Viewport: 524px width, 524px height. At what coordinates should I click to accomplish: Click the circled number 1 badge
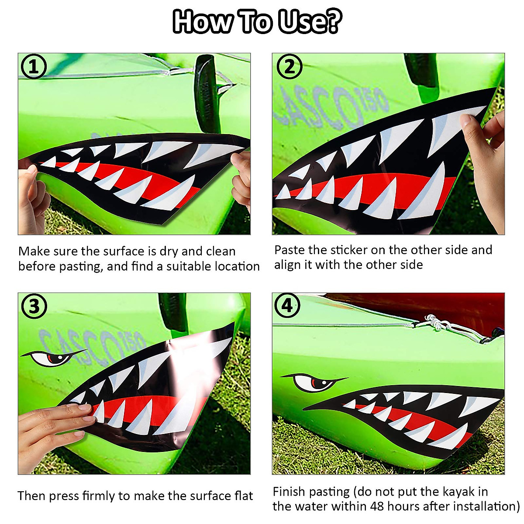pos(34,67)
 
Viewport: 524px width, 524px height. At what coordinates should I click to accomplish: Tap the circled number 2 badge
pos(289,67)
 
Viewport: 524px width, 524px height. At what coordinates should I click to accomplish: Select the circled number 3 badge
pos(34,307)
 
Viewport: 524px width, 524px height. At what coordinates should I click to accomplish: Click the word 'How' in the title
pos(202,22)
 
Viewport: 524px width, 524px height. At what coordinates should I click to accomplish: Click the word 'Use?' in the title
pos(310,22)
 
